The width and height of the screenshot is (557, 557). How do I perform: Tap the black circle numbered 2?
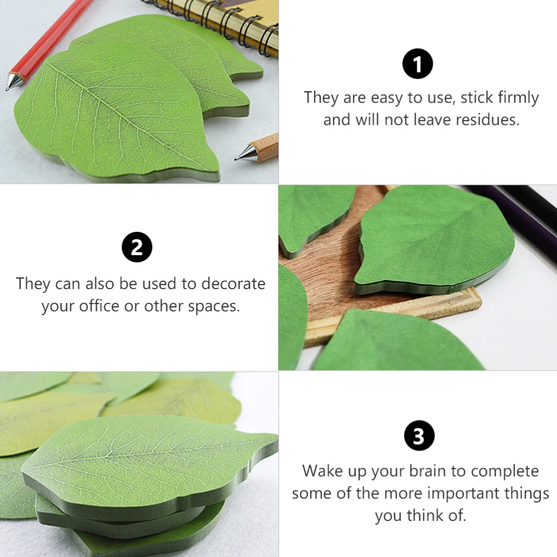coord(137,248)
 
